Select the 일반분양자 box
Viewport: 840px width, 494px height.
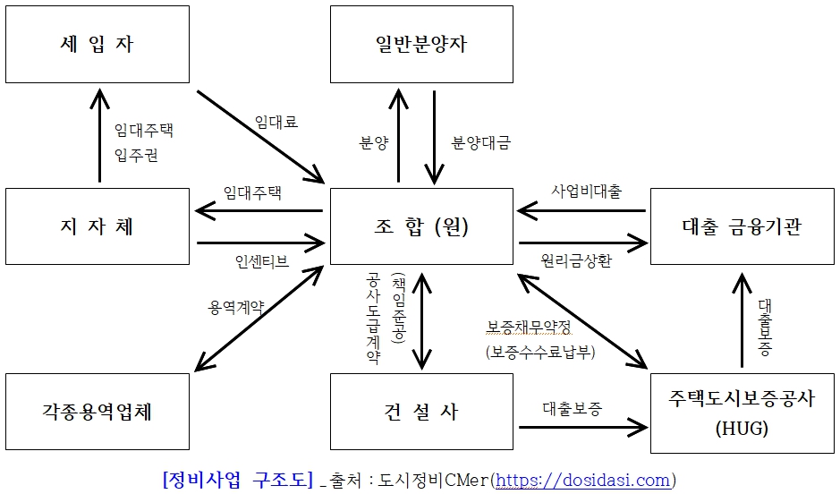click(x=421, y=44)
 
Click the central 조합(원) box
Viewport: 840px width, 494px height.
click(x=421, y=226)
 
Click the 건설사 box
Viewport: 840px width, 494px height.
click(x=421, y=412)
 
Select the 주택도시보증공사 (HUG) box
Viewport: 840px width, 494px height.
click(x=742, y=413)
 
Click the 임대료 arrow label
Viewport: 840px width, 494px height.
click(x=276, y=122)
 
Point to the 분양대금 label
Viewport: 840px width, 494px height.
click(x=481, y=143)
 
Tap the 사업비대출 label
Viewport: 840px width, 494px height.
click(x=586, y=191)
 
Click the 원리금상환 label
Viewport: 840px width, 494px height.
click(x=578, y=260)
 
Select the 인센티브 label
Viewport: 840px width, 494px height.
click(x=261, y=261)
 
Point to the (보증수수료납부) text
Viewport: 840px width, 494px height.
click(x=540, y=352)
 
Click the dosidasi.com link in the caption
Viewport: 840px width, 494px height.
click(x=583, y=481)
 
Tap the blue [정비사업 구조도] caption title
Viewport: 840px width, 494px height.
click(x=237, y=480)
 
